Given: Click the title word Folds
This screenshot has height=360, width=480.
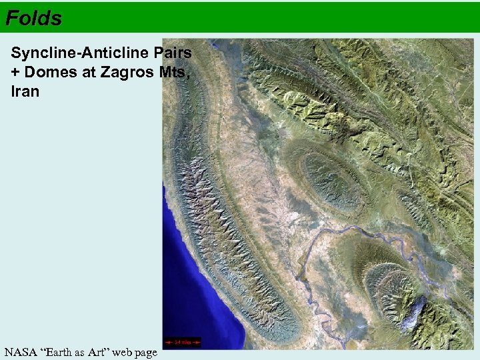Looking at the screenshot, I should tap(33, 17).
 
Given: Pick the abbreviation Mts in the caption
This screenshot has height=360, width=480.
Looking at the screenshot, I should tap(175, 72).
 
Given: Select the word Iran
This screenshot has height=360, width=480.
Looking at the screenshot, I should tap(25, 91).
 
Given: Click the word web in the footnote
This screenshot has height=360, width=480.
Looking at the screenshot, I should tap(127, 352).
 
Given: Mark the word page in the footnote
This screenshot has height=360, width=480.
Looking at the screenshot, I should tap(147, 352).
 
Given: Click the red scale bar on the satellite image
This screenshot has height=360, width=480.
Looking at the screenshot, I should tap(182, 343).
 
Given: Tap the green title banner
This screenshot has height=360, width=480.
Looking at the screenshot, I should tap(267, 17).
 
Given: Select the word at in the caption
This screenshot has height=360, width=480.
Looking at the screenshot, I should tap(90, 72).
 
